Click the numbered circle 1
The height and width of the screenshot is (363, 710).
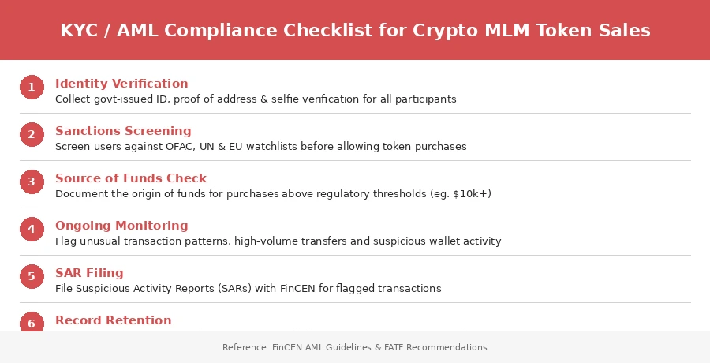pyautogui.click(x=32, y=88)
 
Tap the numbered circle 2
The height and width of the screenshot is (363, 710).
pyautogui.click(x=32, y=135)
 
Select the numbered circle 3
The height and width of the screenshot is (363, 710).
pyautogui.click(x=32, y=182)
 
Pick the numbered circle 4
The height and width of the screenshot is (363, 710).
pyautogui.click(x=32, y=230)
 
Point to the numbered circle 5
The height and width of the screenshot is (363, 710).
pyautogui.click(x=32, y=277)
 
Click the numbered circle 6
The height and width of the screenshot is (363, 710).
pyautogui.click(x=32, y=323)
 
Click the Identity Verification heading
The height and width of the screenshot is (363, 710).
pyautogui.click(x=121, y=84)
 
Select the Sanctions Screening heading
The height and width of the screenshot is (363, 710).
pyautogui.click(x=123, y=131)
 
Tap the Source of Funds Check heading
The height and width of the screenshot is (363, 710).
pyautogui.click(x=131, y=178)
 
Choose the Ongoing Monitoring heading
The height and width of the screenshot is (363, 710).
pyautogui.click(x=121, y=226)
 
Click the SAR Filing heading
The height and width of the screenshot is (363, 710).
pyautogui.click(x=89, y=273)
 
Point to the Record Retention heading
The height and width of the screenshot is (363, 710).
pyautogui.click(x=113, y=320)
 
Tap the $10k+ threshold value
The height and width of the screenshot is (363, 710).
pyautogui.click(x=470, y=194)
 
